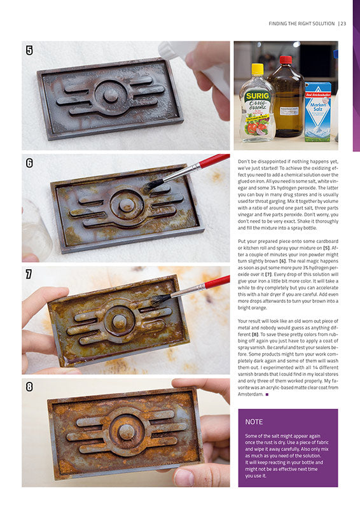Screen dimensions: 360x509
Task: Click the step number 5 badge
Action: (29, 50)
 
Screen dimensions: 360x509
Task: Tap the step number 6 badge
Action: (29, 163)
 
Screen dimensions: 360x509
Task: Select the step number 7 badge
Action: (29, 274)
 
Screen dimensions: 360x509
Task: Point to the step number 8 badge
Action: (29, 387)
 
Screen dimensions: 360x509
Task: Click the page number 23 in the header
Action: (343, 24)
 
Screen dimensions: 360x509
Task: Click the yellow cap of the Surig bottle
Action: (258, 69)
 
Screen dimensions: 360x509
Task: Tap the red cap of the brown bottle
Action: (286, 60)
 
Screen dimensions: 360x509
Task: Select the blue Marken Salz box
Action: (318, 112)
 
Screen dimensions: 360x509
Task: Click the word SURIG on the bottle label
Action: (258, 96)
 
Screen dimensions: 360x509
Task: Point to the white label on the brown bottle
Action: (289, 110)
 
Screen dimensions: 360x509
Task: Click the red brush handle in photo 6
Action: (214, 161)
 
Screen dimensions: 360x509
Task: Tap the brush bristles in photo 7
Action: (160, 300)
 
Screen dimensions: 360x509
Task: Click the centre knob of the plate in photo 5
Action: (111, 95)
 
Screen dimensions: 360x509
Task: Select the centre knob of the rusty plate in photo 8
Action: (126, 432)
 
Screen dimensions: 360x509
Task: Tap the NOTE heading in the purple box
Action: (254, 422)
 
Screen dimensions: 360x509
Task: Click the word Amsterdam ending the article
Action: (250, 394)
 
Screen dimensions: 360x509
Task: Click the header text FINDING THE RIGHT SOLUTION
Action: (301, 24)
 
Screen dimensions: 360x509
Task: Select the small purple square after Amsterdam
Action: (267, 394)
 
